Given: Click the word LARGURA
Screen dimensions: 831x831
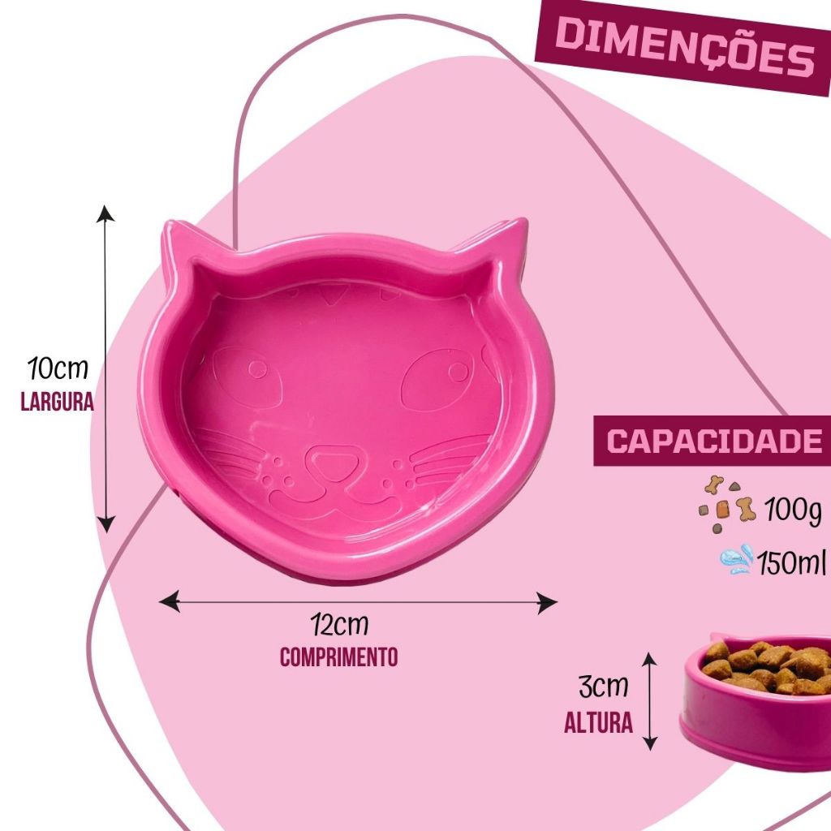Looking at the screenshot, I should (58, 402).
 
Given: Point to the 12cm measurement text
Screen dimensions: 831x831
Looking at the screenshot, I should (339, 626).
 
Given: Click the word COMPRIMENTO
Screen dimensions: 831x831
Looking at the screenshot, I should (339, 657).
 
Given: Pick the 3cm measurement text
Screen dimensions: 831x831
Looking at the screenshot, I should (603, 687).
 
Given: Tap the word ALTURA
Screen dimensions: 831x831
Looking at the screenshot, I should (599, 722).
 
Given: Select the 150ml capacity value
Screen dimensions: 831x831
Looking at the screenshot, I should (791, 561).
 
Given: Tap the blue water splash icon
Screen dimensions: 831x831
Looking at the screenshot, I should (737, 559).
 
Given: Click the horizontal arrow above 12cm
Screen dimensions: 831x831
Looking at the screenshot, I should (359, 602).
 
